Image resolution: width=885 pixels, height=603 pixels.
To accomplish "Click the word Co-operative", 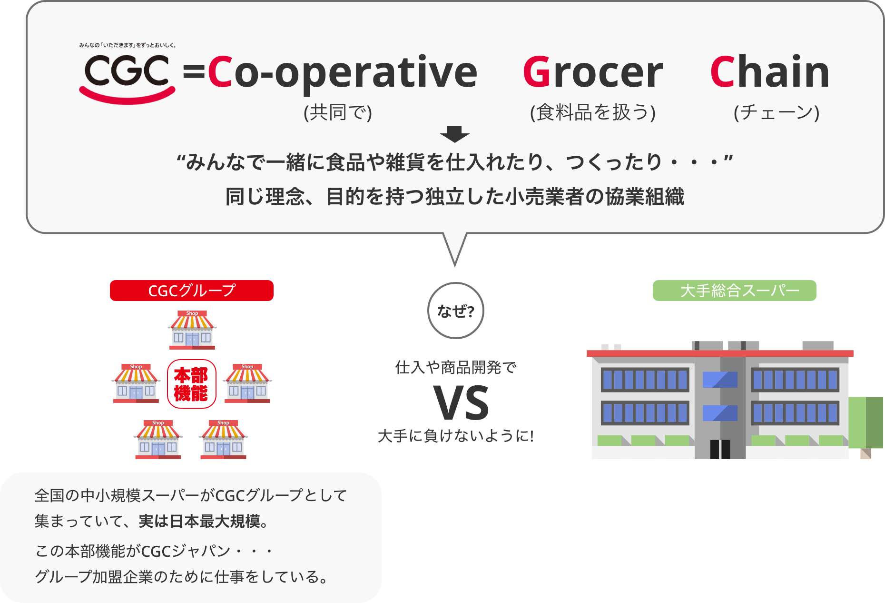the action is click(x=342, y=72).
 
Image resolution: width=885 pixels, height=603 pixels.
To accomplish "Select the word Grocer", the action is click(x=593, y=72).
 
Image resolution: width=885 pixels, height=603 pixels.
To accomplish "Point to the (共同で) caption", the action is click(x=338, y=112).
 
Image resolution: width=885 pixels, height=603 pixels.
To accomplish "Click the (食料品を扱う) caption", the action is click(x=593, y=112).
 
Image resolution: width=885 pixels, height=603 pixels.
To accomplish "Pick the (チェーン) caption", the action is click(x=777, y=112).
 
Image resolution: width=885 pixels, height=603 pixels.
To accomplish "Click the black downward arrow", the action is click(x=455, y=134).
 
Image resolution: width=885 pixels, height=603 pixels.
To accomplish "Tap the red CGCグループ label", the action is click(x=192, y=291).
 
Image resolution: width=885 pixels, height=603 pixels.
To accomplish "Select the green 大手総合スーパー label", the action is click(x=735, y=291).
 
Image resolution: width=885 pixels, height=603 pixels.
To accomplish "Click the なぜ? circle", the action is click(x=456, y=311).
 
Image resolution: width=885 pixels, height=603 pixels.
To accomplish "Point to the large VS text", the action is click(x=461, y=403).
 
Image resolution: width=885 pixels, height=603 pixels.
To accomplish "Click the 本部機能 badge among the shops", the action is click(x=192, y=384).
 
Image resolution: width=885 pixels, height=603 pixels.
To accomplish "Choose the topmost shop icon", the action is click(x=192, y=330).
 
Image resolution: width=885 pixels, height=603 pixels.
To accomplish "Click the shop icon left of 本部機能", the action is click(x=136, y=383).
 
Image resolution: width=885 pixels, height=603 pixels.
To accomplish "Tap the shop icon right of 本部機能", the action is click(x=247, y=383).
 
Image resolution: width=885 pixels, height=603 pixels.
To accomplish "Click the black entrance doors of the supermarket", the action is click(x=720, y=449).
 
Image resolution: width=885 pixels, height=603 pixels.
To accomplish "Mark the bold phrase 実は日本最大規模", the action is click(x=199, y=522).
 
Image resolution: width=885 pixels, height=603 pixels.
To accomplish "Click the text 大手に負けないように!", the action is click(x=456, y=436).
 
